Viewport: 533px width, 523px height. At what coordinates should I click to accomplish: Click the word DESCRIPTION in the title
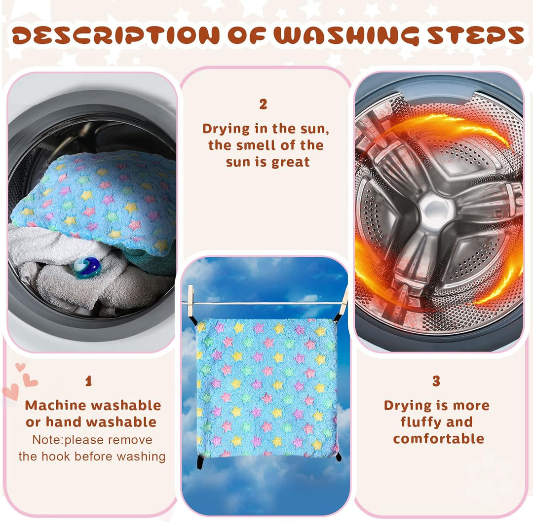(115, 35)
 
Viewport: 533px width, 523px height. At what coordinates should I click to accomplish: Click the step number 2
(263, 105)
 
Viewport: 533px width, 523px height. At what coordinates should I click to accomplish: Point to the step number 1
(89, 381)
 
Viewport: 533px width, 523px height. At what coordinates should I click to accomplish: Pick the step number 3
(436, 381)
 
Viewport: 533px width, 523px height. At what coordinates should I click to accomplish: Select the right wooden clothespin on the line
(344, 299)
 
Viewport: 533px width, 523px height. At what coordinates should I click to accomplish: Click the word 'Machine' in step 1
(55, 406)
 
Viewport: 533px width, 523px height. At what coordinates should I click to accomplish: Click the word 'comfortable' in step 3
(439, 439)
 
